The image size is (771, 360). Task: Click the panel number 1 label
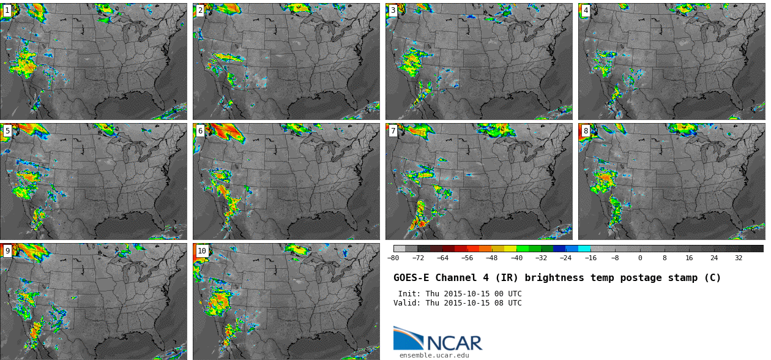click(7, 10)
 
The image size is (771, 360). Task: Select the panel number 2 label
click(200, 10)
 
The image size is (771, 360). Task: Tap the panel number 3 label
click(393, 10)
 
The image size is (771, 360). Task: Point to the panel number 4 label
click(586, 10)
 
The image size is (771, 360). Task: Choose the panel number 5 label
click(7, 131)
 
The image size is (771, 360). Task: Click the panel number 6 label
click(200, 131)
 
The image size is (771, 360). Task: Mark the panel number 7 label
click(393, 131)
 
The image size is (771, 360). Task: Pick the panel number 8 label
click(586, 131)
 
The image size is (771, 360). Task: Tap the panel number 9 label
click(7, 251)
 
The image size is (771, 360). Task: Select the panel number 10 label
click(202, 251)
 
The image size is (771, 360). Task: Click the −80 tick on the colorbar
click(393, 258)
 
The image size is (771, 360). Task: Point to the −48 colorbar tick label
click(492, 258)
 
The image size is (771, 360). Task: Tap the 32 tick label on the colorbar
click(739, 258)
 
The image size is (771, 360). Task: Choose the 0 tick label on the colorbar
click(640, 258)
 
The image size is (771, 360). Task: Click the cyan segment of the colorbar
click(584, 249)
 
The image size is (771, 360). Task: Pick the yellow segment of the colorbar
click(510, 249)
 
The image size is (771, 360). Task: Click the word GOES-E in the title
click(412, 278)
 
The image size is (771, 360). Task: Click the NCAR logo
click(438, 339)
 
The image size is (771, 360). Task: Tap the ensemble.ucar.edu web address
click(434, 355)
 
